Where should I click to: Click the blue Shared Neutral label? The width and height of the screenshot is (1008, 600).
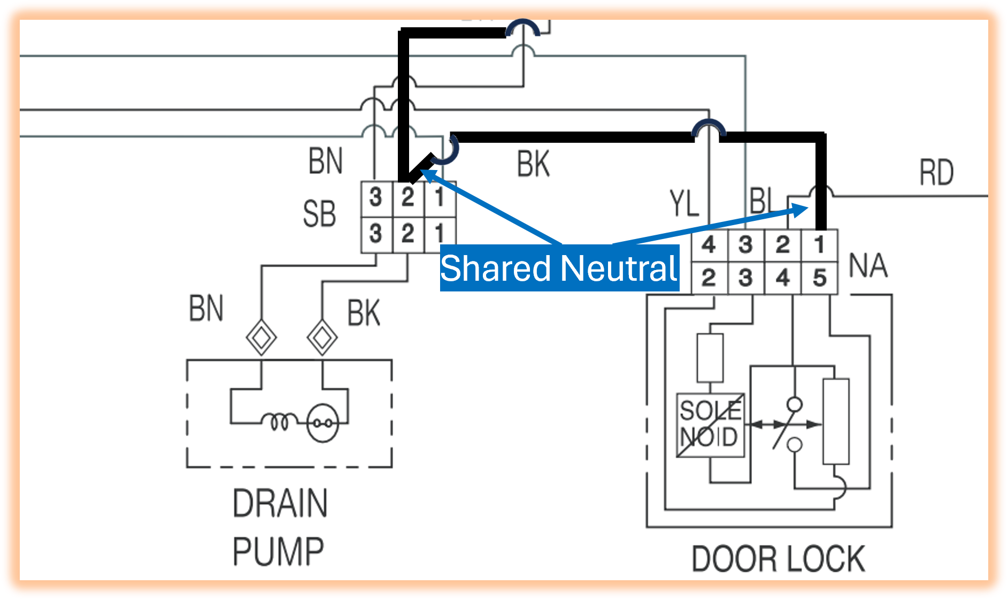(x=559, y=268)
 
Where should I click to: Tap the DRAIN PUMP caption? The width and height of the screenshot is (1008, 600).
(x=279, y=527)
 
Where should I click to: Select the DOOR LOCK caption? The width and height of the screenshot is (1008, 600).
(x=778, y=559)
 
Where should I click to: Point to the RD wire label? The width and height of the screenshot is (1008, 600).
(x=936, y=173)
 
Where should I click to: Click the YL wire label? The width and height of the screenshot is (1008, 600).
(x=684, y=204)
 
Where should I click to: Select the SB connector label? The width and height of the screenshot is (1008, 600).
(x=319, y=214)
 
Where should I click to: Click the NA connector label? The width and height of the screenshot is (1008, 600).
(x=868, y=266)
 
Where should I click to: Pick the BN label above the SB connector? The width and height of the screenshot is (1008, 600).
(x=325, y=161)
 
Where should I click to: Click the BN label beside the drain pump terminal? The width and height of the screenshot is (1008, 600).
(x=206, y=309)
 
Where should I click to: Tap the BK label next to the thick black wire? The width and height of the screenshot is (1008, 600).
(x=533, y=164)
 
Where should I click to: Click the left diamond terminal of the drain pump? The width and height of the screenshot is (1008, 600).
(x=261, y=337)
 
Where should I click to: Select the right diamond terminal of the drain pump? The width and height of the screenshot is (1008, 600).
(x=322, y=337)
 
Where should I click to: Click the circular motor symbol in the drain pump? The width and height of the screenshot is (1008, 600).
(x=323, y=422)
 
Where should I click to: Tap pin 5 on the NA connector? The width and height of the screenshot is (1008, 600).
(x=819, y=278)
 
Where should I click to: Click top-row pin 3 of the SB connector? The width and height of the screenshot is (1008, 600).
(x=376, y=198)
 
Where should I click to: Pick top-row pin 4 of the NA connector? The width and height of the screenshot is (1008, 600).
(x=709, y=245)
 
